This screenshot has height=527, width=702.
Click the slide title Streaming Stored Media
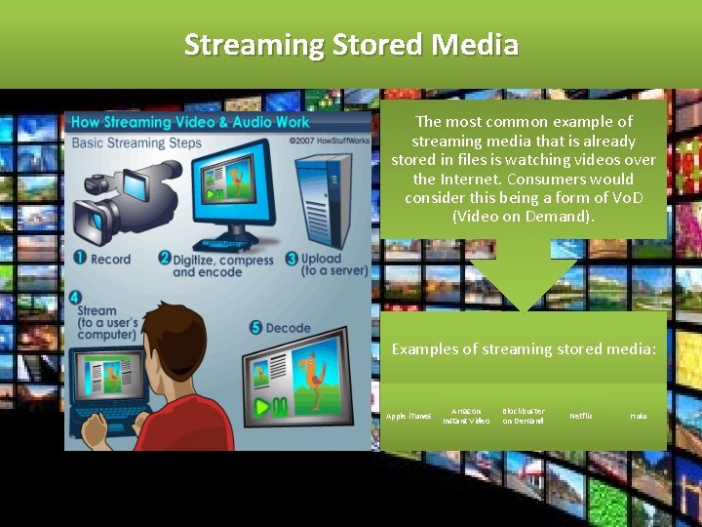pos(351,44)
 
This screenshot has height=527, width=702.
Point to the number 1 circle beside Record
pos(80,259)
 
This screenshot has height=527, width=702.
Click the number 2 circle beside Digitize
pos(164,259)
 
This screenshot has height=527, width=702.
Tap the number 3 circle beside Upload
pos(292,260)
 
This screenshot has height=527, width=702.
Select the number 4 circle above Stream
pos(76,297)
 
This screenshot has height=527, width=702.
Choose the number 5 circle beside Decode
pos(254,328)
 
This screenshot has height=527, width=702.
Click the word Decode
pos(288,328)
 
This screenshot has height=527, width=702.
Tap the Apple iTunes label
pos(409,416)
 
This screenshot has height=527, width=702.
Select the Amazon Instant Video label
pos(466,416)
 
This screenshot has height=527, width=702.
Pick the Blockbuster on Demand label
pos(524,416)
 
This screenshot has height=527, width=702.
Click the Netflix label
pos(580,416)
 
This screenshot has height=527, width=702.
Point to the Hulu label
pos(638,416)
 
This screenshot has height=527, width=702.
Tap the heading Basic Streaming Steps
pos(136,142)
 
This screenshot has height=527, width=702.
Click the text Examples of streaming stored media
pos(524,348)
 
